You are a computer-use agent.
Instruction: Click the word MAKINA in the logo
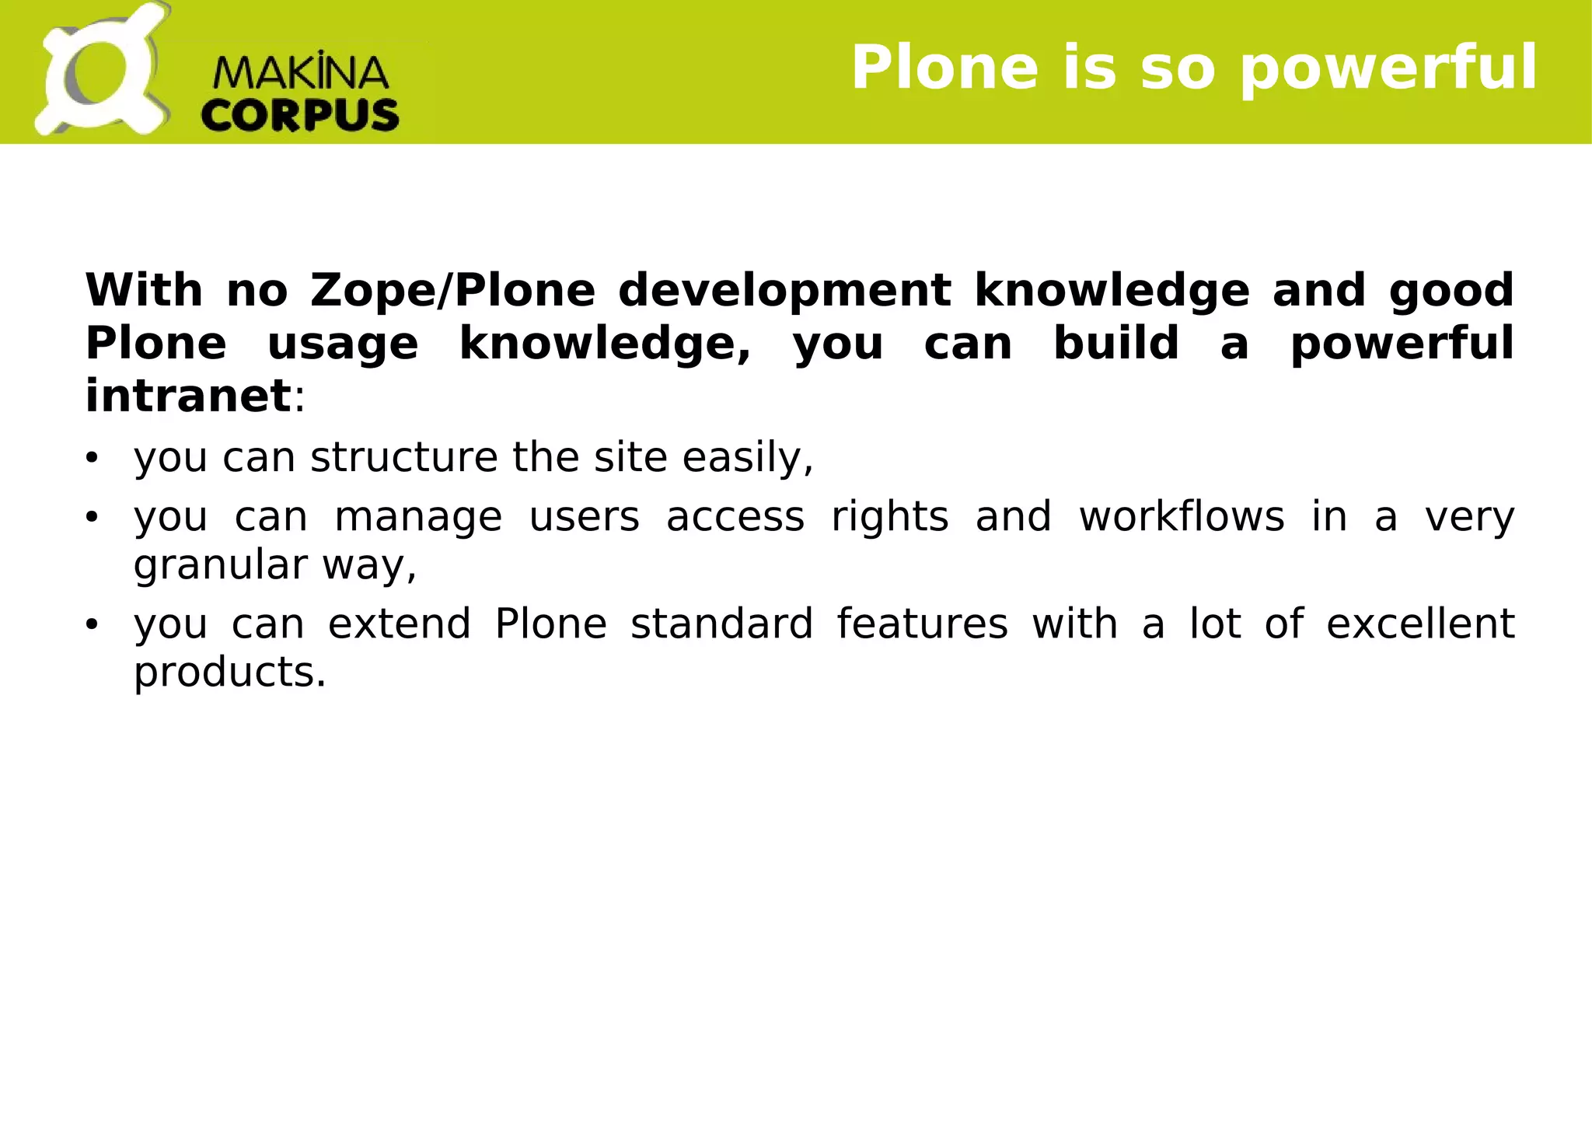300,73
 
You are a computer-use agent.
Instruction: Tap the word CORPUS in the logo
300,116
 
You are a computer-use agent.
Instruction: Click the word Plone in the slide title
944,68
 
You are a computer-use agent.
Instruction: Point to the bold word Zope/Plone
452,291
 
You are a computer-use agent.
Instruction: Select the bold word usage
343,345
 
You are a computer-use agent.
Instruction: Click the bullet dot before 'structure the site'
93,458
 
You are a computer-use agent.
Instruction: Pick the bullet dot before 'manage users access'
93,517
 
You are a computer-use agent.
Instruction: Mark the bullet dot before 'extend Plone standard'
93,624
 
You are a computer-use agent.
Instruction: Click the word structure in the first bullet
403,457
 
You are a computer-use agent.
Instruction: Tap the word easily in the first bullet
746,459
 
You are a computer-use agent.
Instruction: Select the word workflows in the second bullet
1182,517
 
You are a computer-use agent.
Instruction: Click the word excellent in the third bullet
1420,624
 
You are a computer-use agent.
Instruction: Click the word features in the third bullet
922,624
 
